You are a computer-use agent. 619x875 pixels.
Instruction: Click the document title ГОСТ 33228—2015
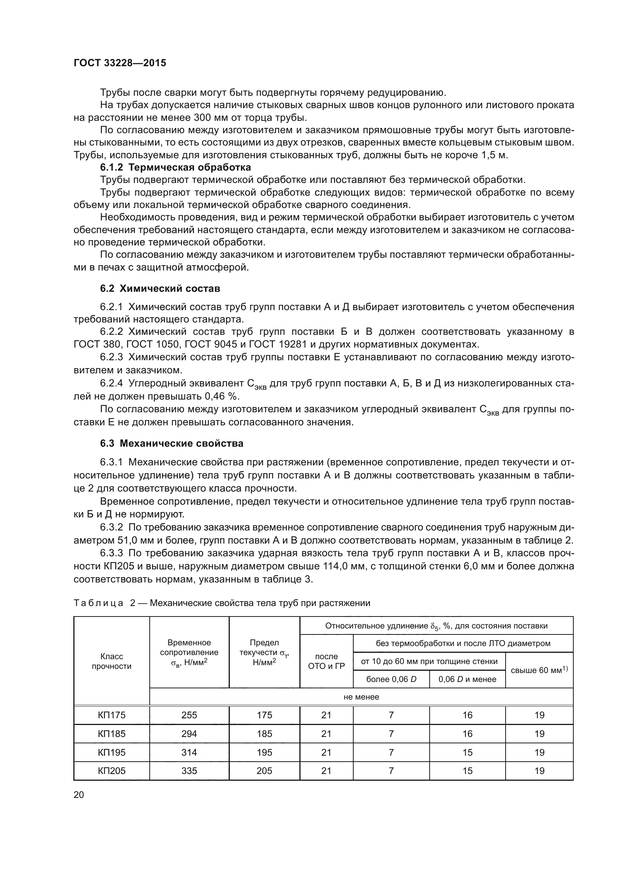pos(120,63)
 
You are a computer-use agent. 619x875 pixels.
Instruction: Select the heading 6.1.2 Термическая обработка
pos(175,167)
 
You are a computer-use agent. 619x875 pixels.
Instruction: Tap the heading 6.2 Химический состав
pos(160,288)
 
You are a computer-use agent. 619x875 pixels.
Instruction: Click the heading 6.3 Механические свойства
pos(171,443)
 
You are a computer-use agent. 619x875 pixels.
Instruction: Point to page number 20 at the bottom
pos(79,795)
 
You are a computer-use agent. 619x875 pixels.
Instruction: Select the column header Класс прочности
pos(111,661)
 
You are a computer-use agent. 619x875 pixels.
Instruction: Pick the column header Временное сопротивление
pos(189,652)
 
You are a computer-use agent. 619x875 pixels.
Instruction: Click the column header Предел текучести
pos(264,652)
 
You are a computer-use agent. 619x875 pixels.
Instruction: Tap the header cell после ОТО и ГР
pos(326,661)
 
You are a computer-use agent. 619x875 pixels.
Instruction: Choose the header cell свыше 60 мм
pos(539,670)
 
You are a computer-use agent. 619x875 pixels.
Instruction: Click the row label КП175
pos(111,715)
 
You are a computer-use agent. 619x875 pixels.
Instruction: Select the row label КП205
pos(111,771)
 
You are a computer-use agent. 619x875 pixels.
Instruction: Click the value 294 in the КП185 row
pos(189,734)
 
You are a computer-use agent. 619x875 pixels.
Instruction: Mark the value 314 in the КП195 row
pos(189,752)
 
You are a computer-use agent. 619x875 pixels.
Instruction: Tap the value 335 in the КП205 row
pos(189,771)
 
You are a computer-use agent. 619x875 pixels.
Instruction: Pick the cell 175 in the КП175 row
pos(264,715)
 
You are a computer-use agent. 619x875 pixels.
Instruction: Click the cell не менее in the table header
pos(361,697)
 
